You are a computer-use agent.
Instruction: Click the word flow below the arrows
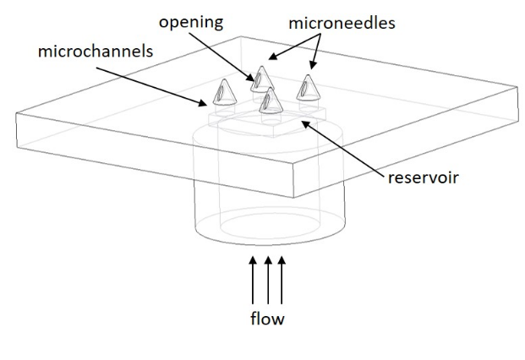click(268, 319)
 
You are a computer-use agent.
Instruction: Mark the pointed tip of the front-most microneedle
click(270, 88)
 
